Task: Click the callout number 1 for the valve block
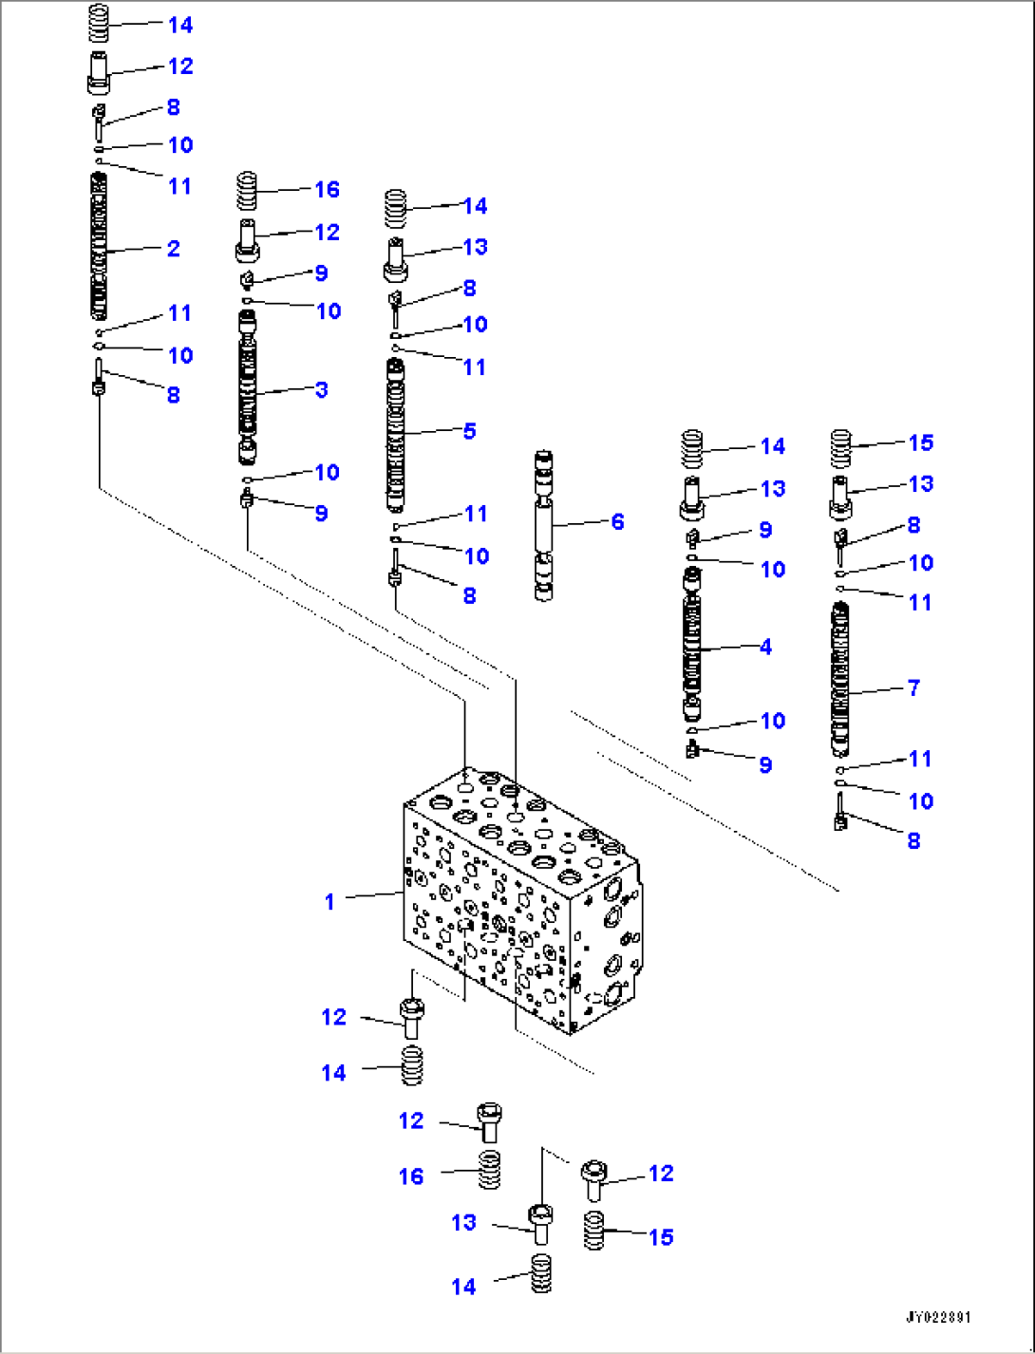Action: coord(329,901)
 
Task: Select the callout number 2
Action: coord(173,248)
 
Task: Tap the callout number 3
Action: coord(321,389)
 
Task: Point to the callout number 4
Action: coord(765,647)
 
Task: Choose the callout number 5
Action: coord(469,430)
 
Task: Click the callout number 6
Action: coord(617,521)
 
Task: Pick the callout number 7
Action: coord(913,687)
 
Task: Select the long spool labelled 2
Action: coord(99,247)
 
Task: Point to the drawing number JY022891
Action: coord(937,1317)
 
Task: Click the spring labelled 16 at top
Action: coord(247,191)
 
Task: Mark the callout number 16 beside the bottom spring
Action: coord(410,1176)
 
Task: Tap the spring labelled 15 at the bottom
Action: coord(593,1230)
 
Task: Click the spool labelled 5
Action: coord(395,435)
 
